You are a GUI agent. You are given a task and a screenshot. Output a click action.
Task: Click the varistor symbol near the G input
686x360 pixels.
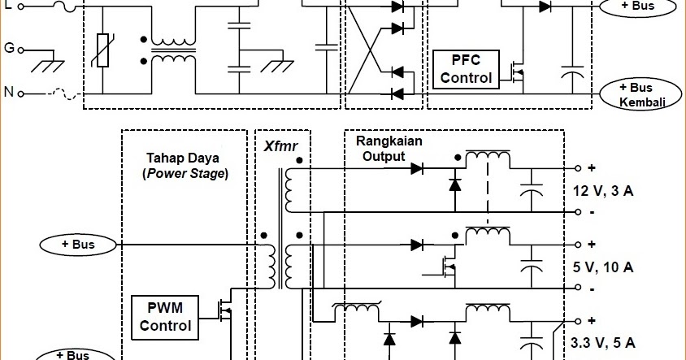102,50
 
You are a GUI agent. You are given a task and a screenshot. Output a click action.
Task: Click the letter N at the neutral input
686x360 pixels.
9,93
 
